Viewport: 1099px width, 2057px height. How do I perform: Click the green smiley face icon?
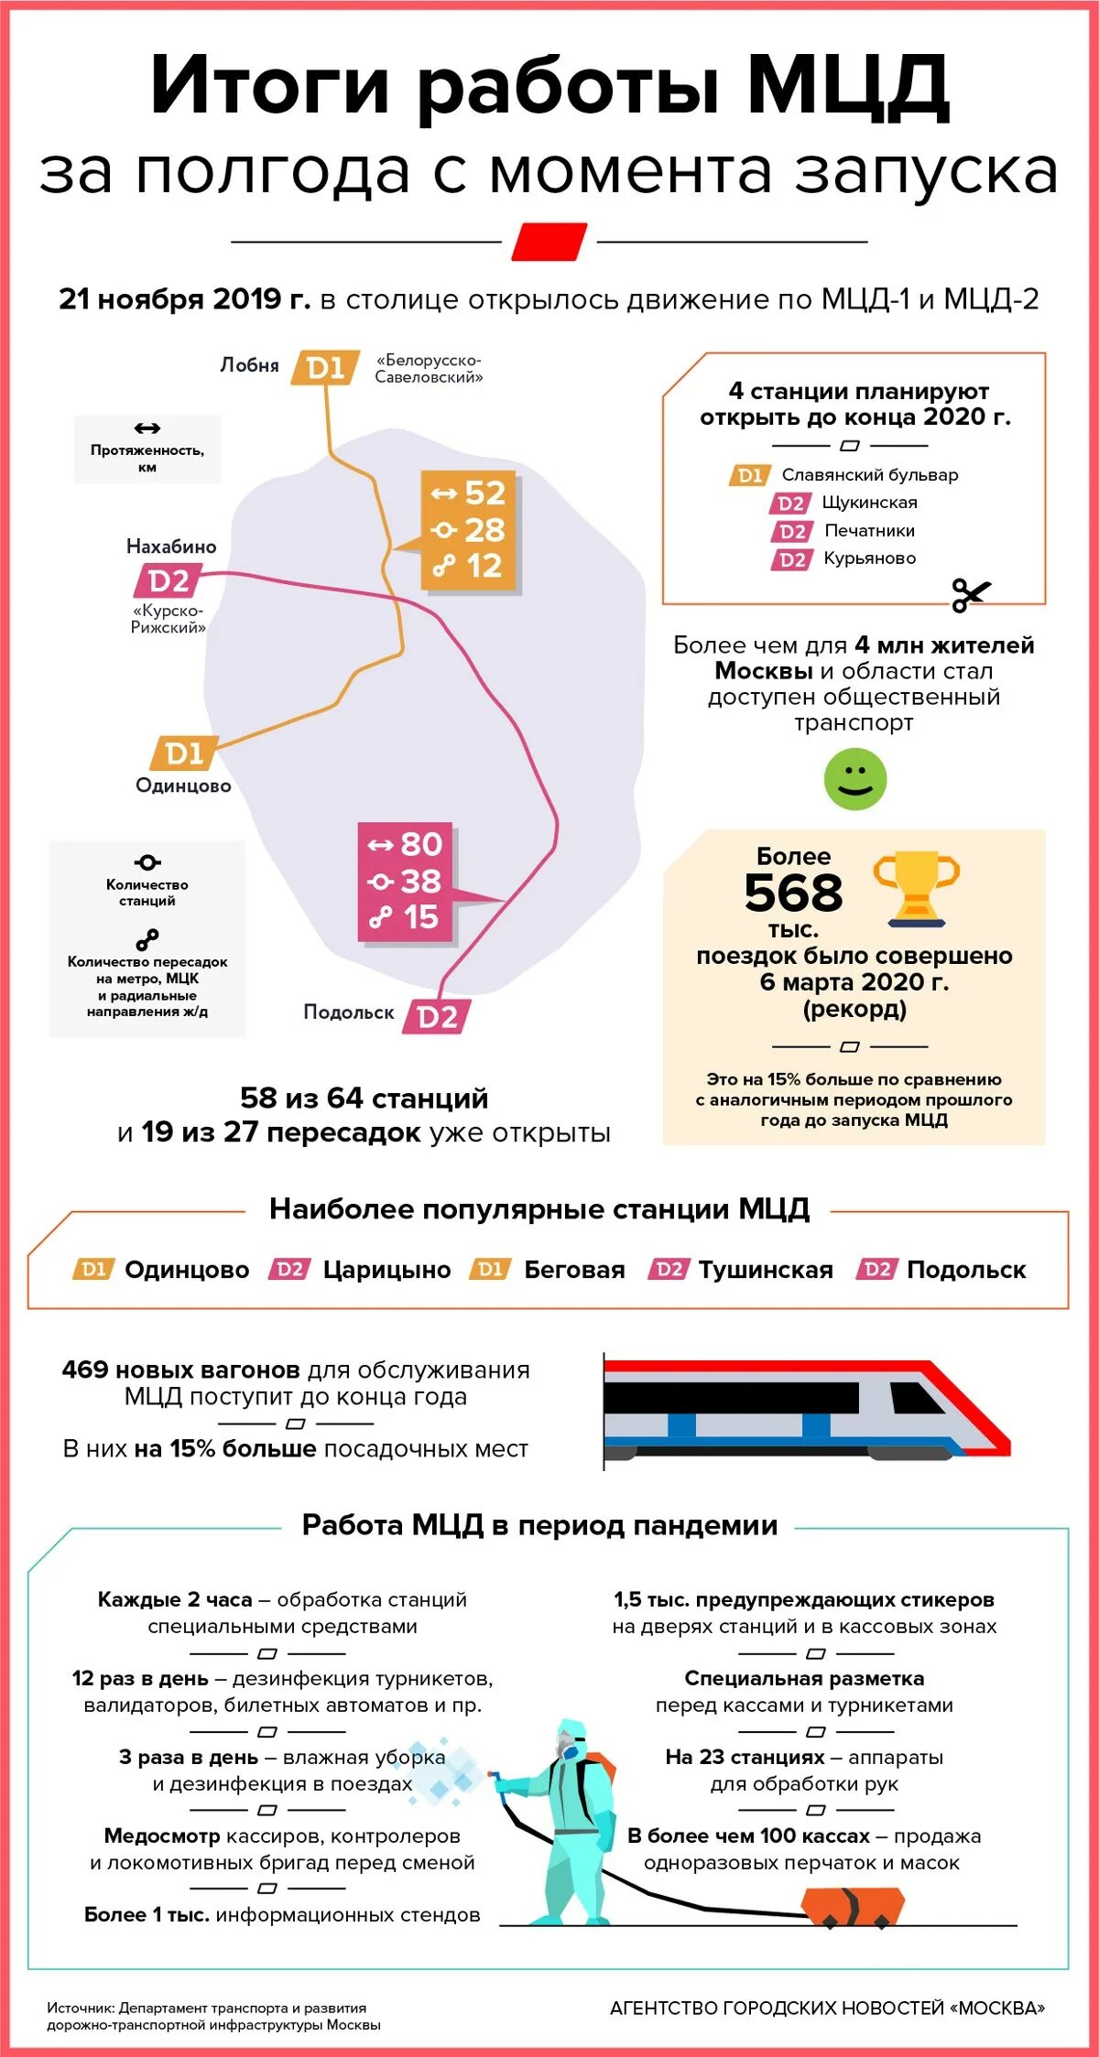click(854, 779)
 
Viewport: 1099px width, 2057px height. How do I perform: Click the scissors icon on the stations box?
click(970, 594)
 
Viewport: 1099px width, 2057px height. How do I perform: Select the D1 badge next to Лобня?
click(325, 367)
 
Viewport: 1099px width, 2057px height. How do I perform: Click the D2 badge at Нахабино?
click(169, 580)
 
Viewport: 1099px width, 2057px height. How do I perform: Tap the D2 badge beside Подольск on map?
click(437, 1016)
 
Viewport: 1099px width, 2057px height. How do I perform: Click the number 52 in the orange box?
click(484, 493)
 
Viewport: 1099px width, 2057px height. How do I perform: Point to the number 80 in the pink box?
click(420, 843)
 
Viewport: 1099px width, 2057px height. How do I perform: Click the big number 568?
click(793, 893)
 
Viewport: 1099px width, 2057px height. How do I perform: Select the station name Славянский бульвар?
click(869, 475)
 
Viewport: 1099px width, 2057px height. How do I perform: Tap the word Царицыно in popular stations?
click(386, 1270)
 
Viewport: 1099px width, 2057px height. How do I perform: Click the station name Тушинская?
click(766, 1270)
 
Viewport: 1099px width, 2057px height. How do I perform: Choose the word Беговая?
click(574, 1270)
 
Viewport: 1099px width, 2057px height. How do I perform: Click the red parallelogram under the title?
click(549, 242)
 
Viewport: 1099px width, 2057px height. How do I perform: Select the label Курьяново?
click(869, 558)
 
